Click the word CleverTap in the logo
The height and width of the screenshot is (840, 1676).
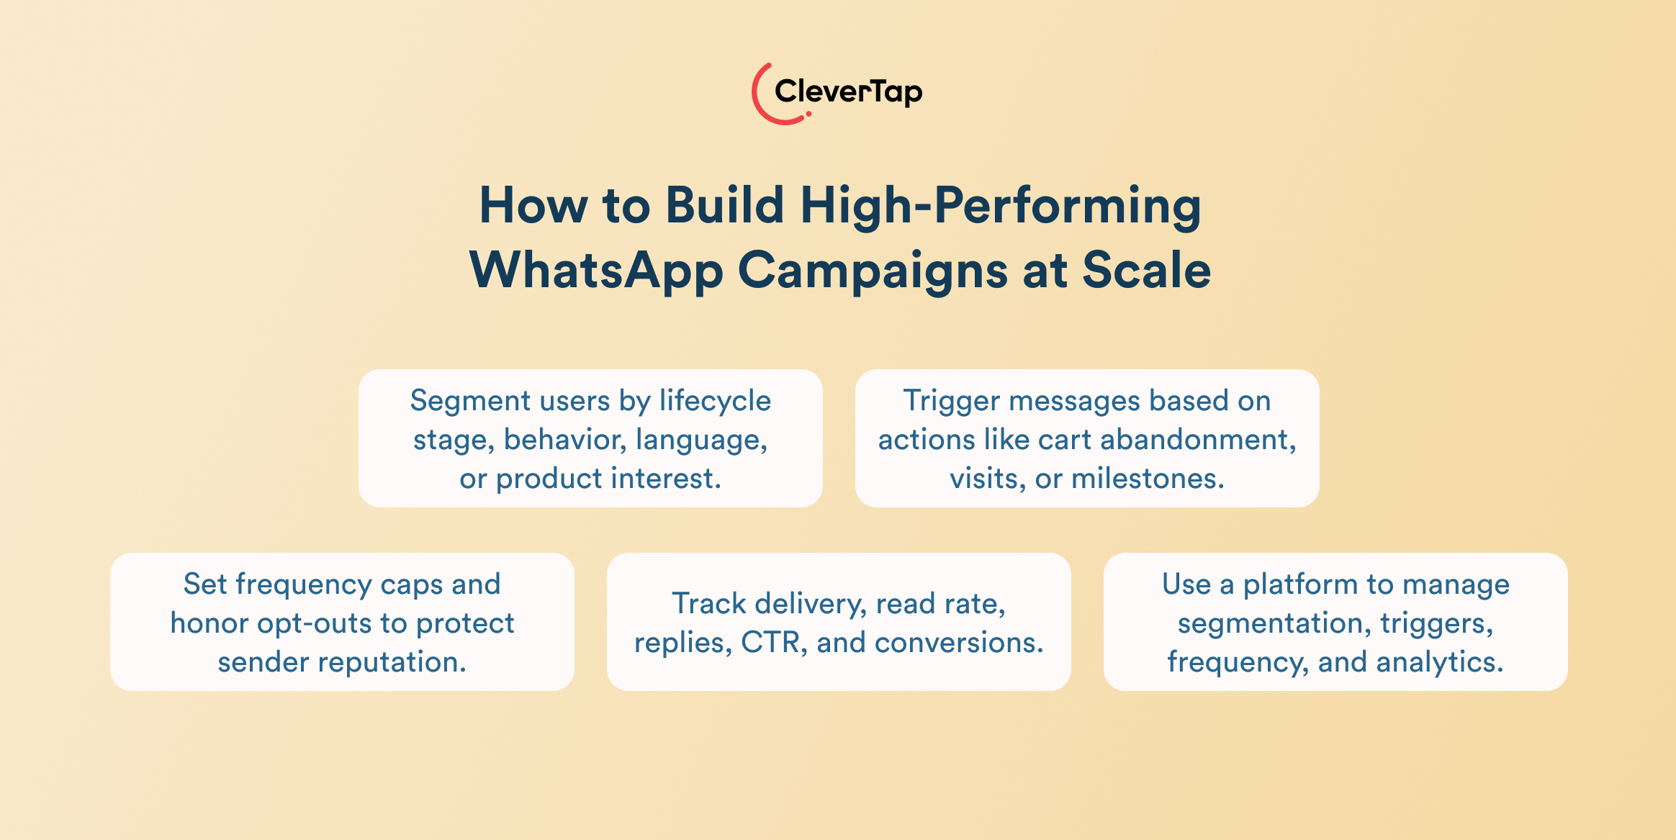click(x=847, y=92)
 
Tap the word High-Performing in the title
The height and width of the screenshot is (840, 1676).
click(x=1000, y=206)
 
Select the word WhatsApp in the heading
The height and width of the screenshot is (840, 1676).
click(x=596, y=271)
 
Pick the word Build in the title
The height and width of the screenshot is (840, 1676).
click(x=724, y=206)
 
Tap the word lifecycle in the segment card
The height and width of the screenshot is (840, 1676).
click(x=715, y=401)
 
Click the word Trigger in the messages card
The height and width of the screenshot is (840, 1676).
click(x=951, y=402)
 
